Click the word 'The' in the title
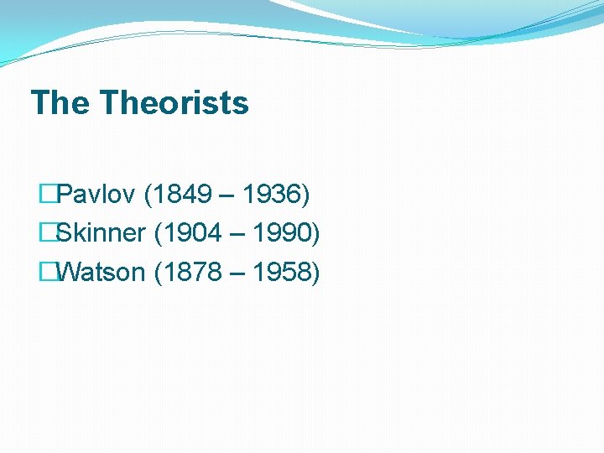point(60,103)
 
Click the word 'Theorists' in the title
point(174,103)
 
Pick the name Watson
point(102,272)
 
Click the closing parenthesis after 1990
point(315,234)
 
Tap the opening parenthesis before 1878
point(159,273)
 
